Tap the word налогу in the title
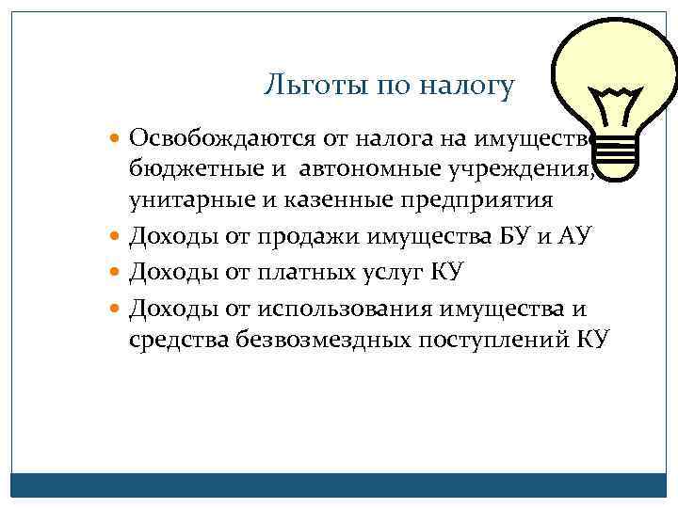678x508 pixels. coord(468,87)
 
